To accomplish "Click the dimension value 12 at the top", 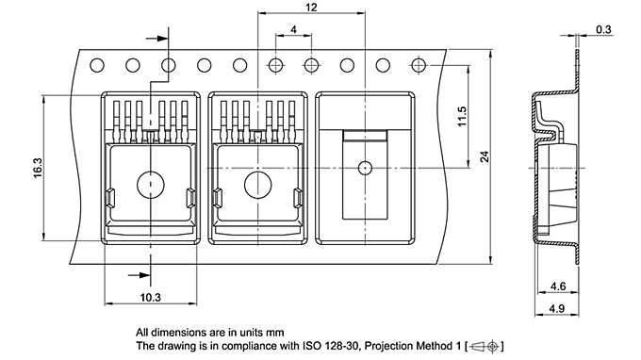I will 311,8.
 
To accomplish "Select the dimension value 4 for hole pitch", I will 294,30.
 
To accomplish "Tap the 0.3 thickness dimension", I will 602,30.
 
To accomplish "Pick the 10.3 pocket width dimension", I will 151,297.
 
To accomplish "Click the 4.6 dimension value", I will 556,286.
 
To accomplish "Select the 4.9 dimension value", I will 556,308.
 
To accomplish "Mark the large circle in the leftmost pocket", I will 151,185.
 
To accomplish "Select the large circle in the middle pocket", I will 257,185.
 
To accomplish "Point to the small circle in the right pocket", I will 364,169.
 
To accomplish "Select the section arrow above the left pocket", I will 162,40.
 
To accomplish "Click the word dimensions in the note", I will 179,333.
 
